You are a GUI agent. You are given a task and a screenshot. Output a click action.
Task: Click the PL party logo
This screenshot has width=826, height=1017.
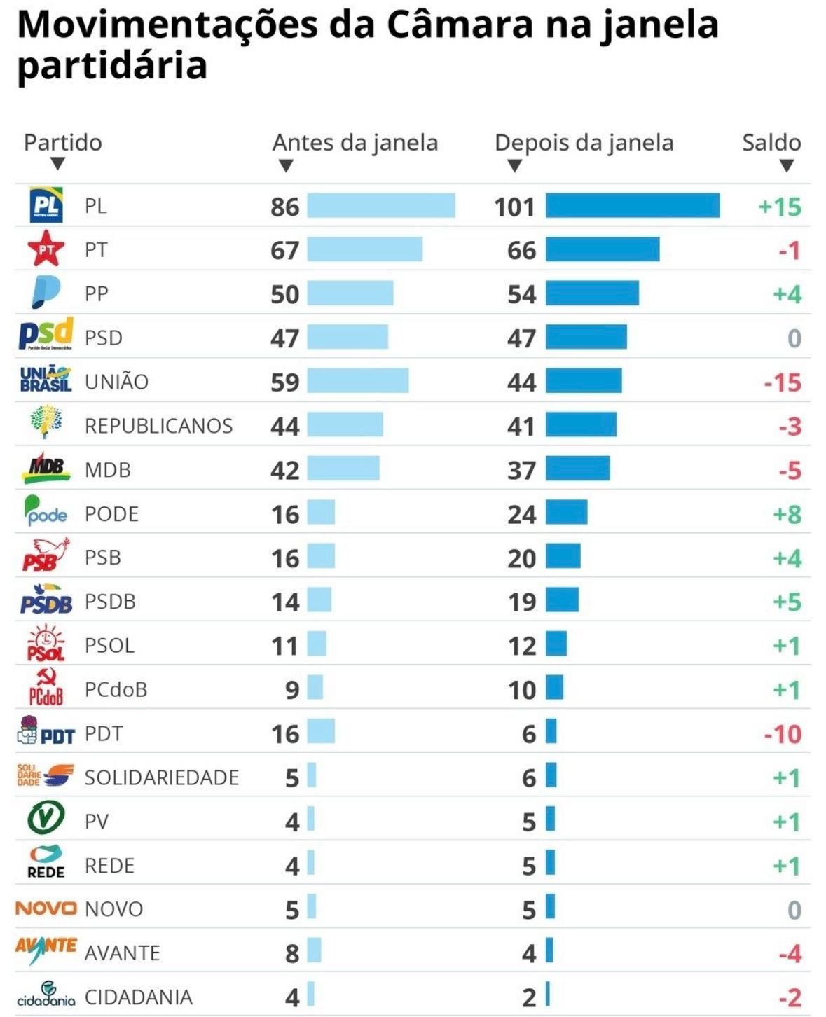(x=46, y=205)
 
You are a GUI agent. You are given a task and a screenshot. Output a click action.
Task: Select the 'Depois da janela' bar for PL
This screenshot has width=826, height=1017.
(x=632, y=206)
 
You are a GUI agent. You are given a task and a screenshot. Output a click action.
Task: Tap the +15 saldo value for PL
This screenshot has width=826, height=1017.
(x=779, y=207)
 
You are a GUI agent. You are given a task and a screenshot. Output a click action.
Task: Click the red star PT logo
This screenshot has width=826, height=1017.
(x=46, y=249)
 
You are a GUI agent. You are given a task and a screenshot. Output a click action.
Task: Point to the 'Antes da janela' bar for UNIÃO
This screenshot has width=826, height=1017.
(x=357, y=381)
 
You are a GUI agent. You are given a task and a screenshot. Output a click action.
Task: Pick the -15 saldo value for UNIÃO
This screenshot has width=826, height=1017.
(x=782, y=382)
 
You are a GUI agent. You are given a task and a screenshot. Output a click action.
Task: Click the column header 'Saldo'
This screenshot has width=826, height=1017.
(x=771, y=143)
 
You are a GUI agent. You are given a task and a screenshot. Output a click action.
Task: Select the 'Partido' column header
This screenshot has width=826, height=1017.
(x=62, y=143)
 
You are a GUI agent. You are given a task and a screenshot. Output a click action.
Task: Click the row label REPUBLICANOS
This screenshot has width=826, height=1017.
(x=158, y=426)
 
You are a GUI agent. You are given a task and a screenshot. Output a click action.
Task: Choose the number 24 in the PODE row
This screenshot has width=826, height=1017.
(x=521, y=514)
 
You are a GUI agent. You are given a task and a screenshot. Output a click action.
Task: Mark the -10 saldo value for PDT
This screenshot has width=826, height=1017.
(x=782, y=734)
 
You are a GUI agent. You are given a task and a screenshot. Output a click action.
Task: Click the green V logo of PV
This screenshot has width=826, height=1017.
(x=46, y=818)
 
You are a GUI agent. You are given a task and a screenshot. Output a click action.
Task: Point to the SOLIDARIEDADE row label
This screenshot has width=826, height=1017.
(x=161, y=777)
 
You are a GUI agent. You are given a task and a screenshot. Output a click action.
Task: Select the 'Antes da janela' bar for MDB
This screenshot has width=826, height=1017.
(x=343, y=469)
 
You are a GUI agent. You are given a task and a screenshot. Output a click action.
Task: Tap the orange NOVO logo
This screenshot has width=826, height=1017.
(x=46, y=908)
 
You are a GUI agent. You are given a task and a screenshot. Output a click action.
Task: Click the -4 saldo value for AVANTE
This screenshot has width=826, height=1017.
(x=789, y=954)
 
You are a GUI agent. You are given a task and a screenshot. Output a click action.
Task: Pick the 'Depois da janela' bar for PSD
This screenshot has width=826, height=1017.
(x=586, y=337)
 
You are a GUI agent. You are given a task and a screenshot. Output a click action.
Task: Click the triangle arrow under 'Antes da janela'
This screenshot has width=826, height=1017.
(x=285, y=166)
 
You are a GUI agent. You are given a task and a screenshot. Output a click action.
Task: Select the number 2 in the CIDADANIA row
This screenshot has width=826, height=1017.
(x=529, y=997)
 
